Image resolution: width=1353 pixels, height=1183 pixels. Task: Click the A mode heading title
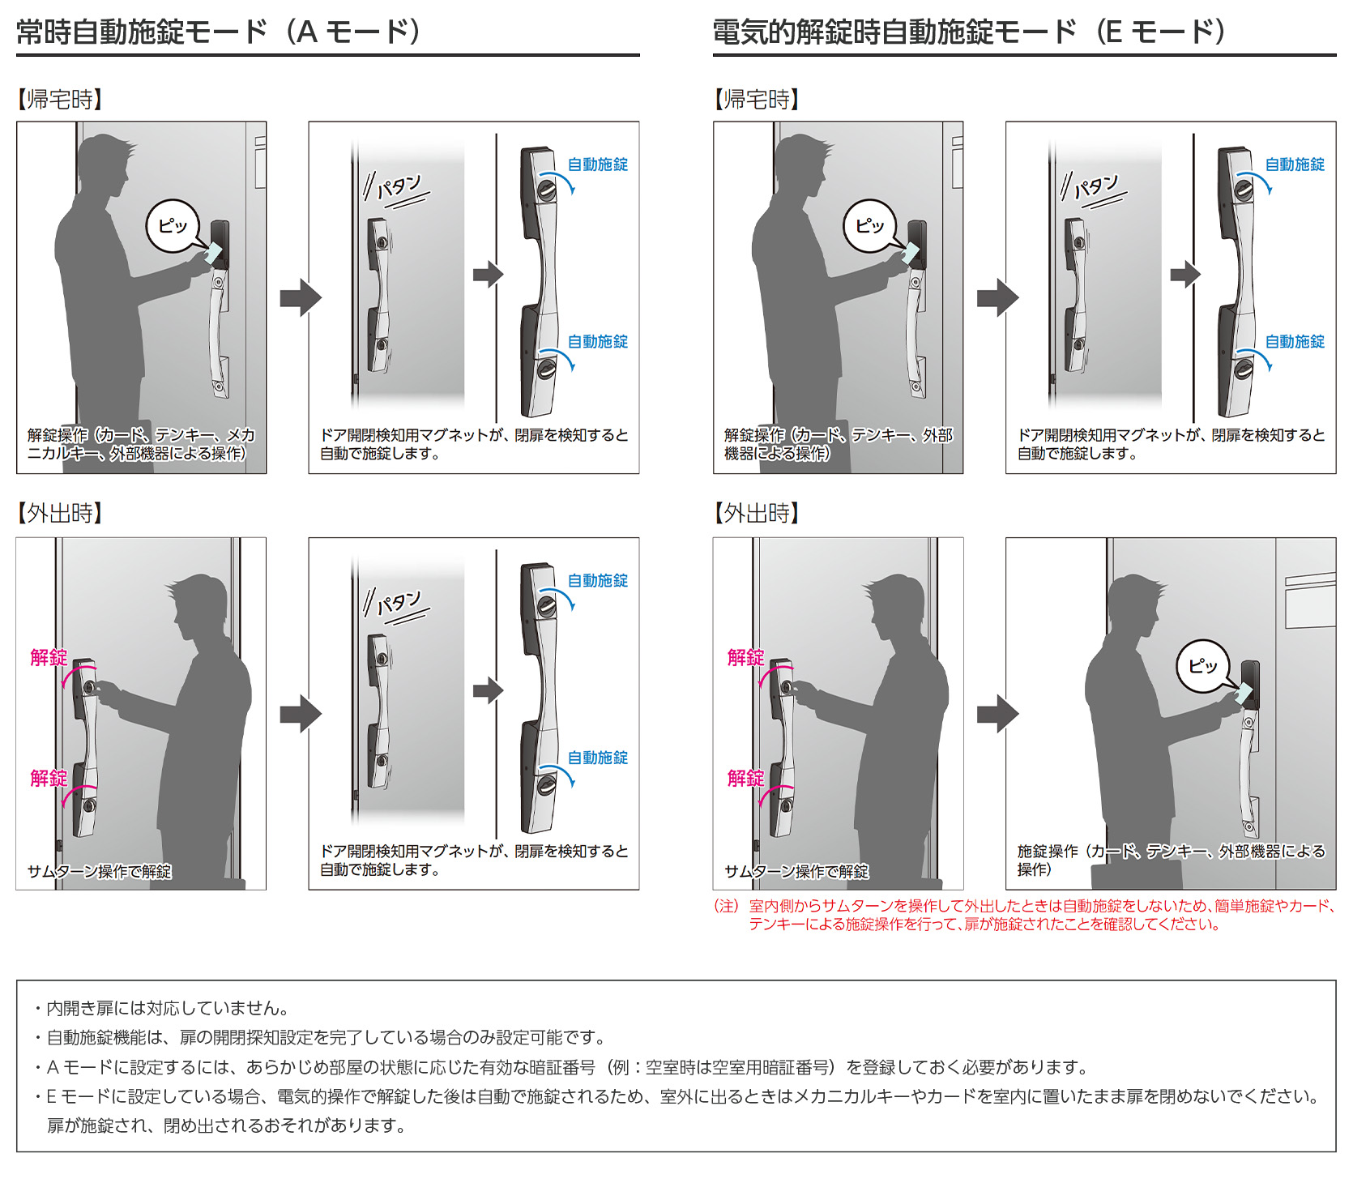click(219, 32)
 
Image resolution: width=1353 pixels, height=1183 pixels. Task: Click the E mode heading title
click(968, 32)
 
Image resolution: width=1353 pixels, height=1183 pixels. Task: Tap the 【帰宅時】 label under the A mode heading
click(60, 100)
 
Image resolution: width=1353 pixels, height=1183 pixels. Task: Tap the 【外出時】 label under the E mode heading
click(757, 513)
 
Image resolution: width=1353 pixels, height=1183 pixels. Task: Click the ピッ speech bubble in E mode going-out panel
click(1203, 666)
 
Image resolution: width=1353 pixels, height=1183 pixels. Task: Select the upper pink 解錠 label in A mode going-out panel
click(49, 657)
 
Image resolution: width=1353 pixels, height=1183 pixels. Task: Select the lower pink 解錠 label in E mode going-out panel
click(745, 778)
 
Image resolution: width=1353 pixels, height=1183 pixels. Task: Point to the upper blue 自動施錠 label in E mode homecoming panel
click(1295, 164)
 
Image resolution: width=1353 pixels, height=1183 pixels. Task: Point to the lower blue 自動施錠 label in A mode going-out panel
click(598, 758)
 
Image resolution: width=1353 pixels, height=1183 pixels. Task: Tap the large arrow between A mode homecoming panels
click(301, 297)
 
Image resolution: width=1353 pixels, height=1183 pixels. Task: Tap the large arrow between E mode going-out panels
click(997, 714)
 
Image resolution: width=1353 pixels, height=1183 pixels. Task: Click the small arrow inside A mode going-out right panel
click(489, 690)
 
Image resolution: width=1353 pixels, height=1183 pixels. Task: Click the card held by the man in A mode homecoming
click(213, 253)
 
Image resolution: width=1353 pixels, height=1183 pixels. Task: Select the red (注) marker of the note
click(727, 906)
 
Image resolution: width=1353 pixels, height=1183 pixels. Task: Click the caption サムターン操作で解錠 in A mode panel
click(99, 871)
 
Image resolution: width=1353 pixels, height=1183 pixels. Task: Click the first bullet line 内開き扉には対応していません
click(166, 1008)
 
